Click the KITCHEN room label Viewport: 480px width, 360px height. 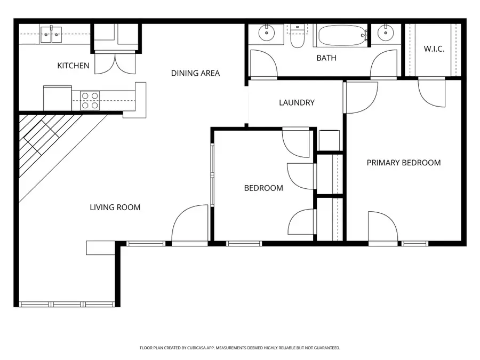click(73, 66)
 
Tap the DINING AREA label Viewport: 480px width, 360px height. click(195, 73)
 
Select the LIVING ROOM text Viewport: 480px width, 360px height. click(115, 207)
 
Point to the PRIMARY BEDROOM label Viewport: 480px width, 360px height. click(403, 163)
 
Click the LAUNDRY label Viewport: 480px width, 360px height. click(297, 102)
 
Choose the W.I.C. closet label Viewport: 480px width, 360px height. click(434, 49)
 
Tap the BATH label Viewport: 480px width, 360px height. click(326, 58)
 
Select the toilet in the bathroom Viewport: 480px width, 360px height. click(297, 36)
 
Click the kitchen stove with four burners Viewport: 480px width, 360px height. click(90, 100)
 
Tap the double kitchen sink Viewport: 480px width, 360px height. click(51, 35)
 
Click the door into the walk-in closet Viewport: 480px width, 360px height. click(431, 92)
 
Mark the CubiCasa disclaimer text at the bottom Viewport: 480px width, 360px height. click(239, 348)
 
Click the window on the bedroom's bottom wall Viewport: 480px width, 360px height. click(244, 244)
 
